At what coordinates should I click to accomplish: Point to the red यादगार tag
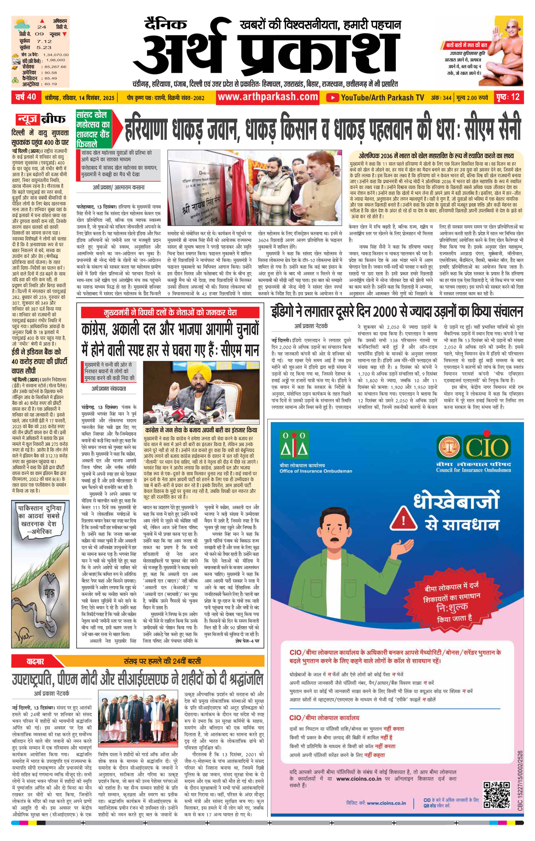[x=34, y=661]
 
